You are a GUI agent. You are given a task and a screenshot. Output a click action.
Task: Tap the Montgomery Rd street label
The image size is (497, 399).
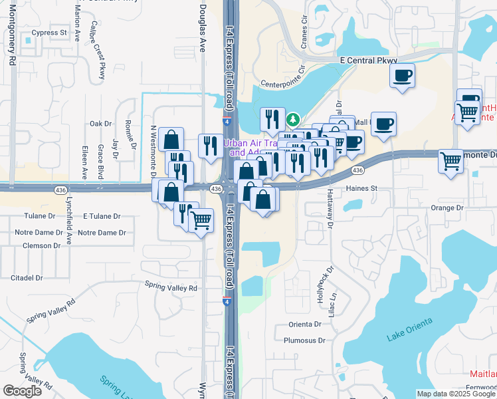pos(13,41)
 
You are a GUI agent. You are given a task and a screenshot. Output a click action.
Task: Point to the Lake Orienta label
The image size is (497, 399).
pos(409,330)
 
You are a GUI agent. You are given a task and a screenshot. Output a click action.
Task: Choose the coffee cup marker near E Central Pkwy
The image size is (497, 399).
pos(401,76)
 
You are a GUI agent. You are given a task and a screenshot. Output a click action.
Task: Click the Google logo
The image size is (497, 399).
pos(23,391)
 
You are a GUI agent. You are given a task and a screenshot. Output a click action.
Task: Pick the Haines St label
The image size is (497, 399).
pos(361,188)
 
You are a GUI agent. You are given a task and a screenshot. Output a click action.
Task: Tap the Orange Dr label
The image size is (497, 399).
pos(447,207)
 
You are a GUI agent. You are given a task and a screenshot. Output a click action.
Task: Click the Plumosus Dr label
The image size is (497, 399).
pos(304,340)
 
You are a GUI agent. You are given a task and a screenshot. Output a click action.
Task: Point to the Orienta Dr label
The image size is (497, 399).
pos(305,325)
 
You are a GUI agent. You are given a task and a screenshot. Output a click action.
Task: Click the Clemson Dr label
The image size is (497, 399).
pos(41,245)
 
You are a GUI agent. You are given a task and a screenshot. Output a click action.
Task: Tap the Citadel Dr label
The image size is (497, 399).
pos(27,277)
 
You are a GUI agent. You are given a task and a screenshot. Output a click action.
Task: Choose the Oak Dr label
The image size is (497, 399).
pos(100,124)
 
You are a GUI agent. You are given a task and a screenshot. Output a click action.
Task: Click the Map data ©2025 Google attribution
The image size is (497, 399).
pos(456,394)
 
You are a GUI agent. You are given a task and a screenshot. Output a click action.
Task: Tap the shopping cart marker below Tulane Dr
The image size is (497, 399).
pos(201,219)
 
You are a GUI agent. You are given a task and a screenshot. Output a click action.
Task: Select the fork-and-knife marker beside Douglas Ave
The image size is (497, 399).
pos(210,146)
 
